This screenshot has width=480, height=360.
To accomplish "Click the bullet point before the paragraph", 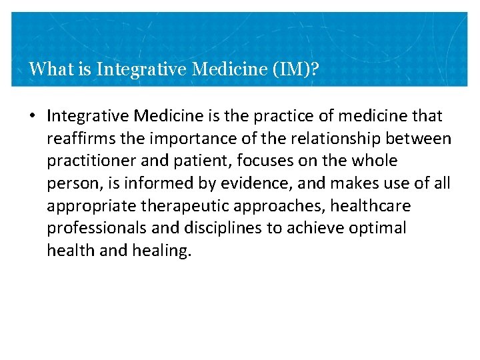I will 32,117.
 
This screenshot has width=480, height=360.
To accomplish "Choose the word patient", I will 189,161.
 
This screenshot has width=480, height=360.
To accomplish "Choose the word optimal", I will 379,229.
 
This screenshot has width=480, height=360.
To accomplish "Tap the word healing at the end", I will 158,251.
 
